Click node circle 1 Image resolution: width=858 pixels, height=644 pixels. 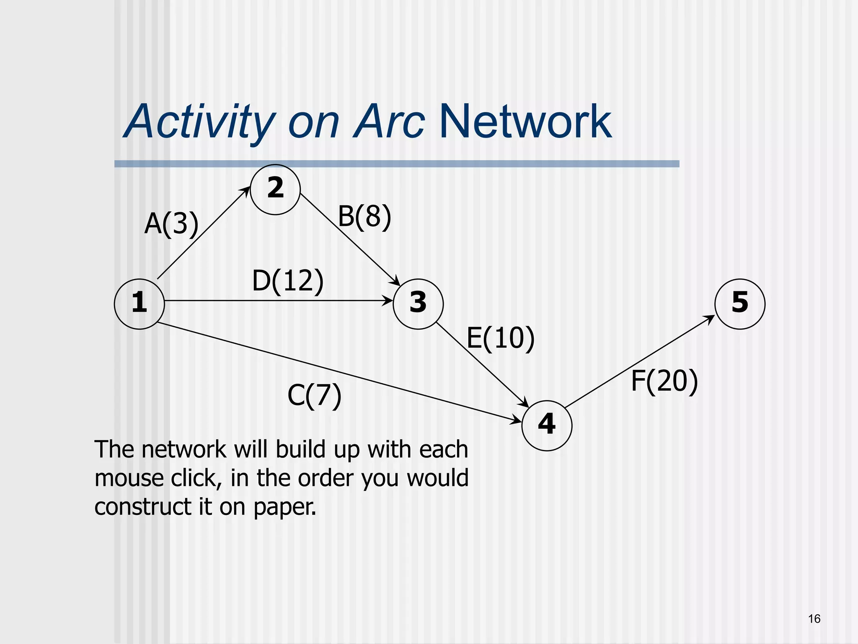coord(139,304)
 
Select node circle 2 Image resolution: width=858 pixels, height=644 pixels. coord(275,190)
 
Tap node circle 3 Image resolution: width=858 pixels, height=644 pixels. coord(418,304)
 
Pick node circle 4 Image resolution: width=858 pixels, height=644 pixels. coord(547,426)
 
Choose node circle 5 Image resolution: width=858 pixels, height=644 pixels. coord(740,304)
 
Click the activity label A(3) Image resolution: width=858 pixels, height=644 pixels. coord(171,224)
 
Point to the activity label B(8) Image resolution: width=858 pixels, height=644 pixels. coord(364,217)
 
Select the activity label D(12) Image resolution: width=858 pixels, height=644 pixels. coord(288,281)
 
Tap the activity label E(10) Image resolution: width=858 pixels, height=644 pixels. coord(501,338)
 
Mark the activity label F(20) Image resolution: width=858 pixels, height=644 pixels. coord(664,381)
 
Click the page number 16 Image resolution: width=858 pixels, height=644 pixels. coord(814,619)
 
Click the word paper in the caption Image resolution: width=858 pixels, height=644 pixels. coord(284,507)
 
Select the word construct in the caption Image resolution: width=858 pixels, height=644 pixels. coord(142,506)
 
